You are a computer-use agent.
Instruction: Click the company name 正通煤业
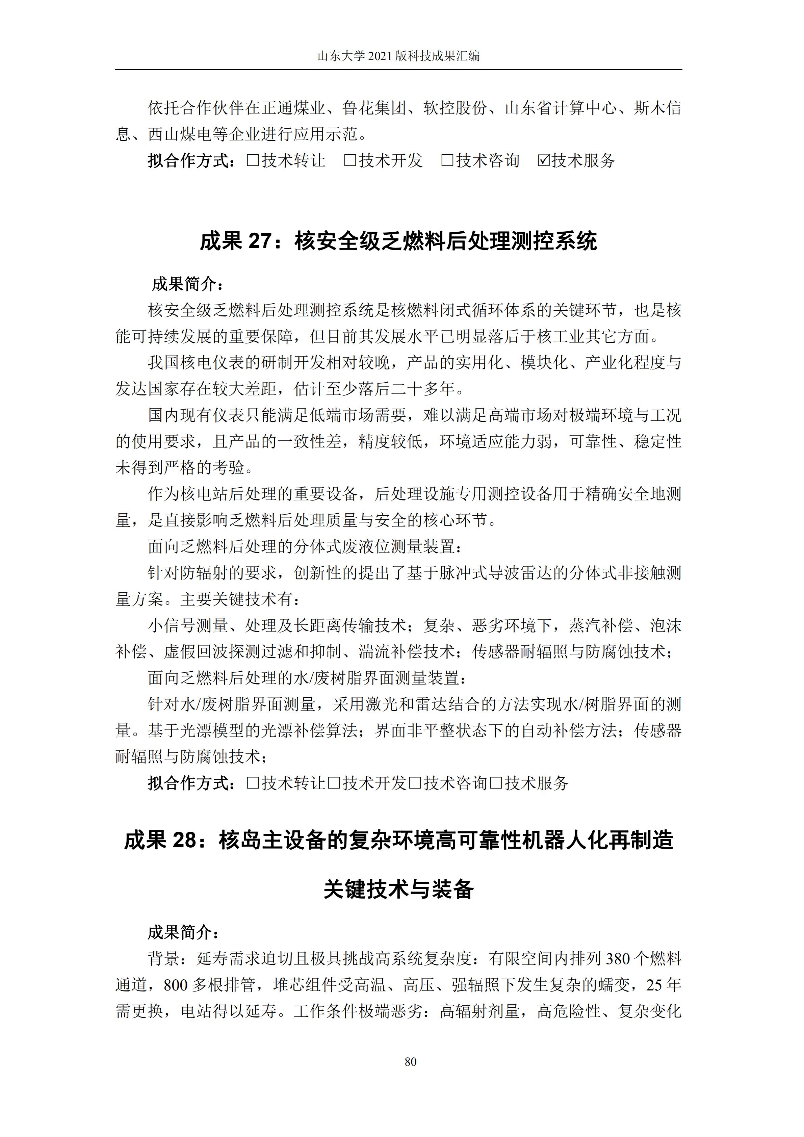[293, 108]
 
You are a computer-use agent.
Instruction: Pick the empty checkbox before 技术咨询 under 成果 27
[415, 783]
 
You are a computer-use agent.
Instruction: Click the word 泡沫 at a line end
[665, 625]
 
